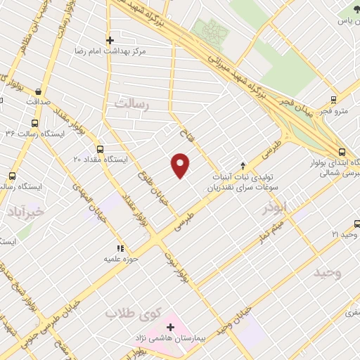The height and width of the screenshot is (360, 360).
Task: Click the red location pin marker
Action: point(181,165)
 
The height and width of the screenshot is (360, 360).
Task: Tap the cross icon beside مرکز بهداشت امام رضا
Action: point(109,40)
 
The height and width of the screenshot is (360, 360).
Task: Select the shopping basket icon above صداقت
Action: point(37,91)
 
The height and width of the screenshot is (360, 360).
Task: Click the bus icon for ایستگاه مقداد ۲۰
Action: point(99,149)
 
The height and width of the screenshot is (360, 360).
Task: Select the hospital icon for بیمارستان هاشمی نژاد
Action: point(171,327)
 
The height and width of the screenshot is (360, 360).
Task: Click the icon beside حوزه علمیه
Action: point(120,248)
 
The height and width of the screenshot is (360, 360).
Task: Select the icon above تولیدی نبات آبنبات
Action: point(243,166)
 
